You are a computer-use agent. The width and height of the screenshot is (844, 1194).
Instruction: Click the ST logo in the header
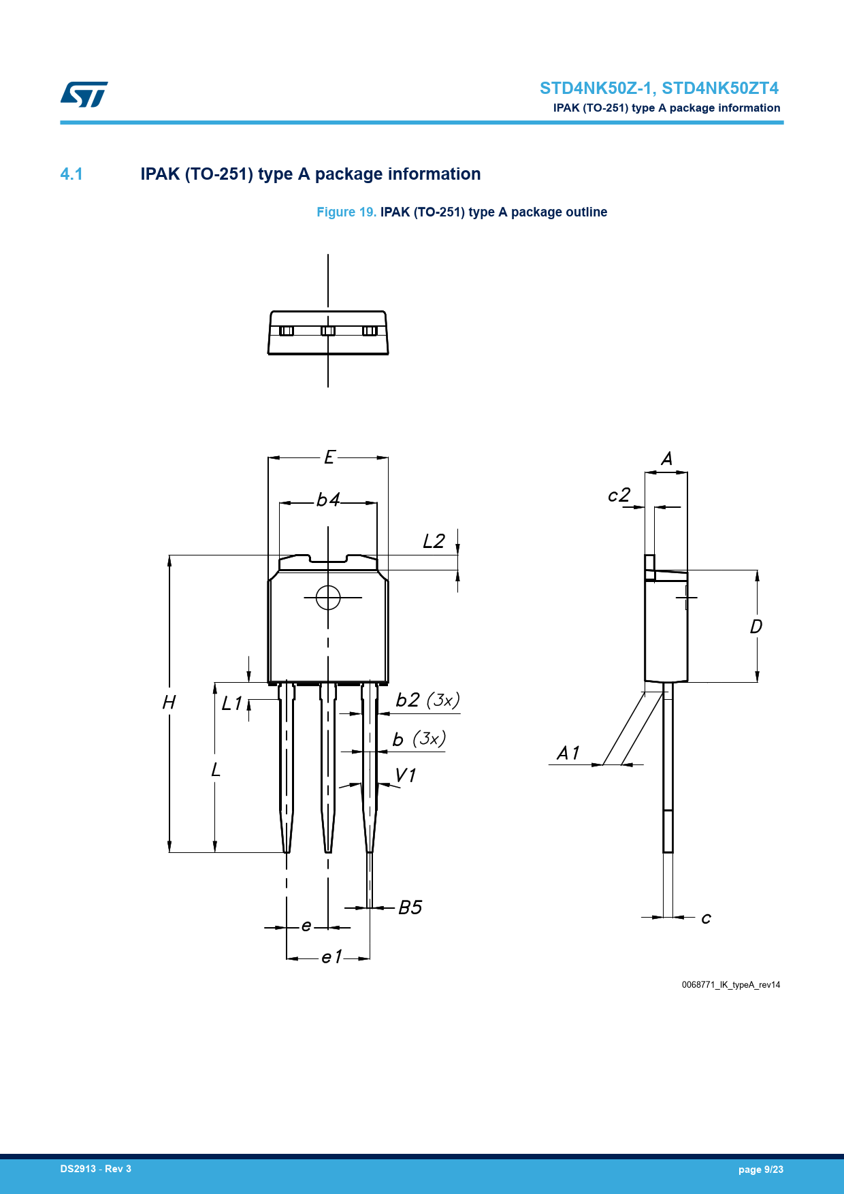(84, 95)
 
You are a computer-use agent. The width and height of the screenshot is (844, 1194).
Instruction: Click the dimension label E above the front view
(329, 457)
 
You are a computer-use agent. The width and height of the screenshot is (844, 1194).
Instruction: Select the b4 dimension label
(328, 500)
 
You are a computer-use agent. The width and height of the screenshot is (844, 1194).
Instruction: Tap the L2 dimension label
(434, 541)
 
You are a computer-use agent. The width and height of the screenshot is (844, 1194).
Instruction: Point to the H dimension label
(169, 702)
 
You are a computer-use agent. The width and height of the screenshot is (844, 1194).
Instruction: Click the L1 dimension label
(231, 703)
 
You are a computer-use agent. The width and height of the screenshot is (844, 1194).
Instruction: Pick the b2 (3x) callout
(427, 700)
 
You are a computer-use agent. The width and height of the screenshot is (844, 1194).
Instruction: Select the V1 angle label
(406, 775)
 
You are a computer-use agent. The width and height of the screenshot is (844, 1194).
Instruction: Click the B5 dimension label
(410, 907)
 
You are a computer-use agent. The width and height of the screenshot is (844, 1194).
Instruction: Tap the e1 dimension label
(331, 957)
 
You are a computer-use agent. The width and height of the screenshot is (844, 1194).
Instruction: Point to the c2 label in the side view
(619, 495)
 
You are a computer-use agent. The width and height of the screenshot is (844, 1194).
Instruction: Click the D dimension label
(756, 626)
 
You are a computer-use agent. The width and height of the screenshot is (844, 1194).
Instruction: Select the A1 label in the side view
(568, 753)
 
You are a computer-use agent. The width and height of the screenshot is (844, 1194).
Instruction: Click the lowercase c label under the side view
(707, 918)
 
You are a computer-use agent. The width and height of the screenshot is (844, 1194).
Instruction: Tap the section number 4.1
(71, 174)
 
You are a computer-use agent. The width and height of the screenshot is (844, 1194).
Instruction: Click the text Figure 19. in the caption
(346, 212)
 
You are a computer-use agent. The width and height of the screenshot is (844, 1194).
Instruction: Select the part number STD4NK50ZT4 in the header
(720, 88)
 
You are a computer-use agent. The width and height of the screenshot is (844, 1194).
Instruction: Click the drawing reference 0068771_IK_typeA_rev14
(731, 985)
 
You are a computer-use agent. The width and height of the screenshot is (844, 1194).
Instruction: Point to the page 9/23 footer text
(761, 1169)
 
